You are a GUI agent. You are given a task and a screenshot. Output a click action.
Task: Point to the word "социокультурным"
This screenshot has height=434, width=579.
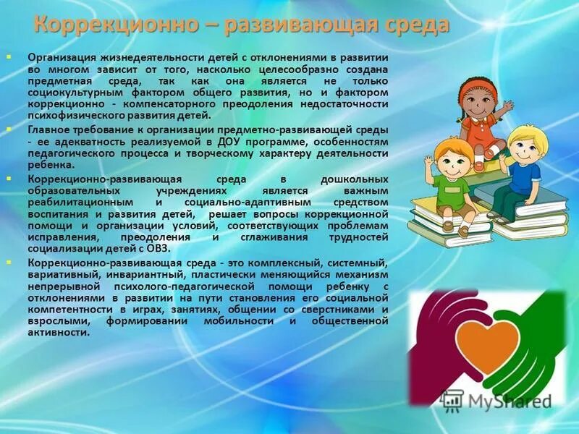[x=72, y=93]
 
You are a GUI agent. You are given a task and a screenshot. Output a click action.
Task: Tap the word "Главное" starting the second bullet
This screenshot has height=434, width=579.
[x=50, y=129]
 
